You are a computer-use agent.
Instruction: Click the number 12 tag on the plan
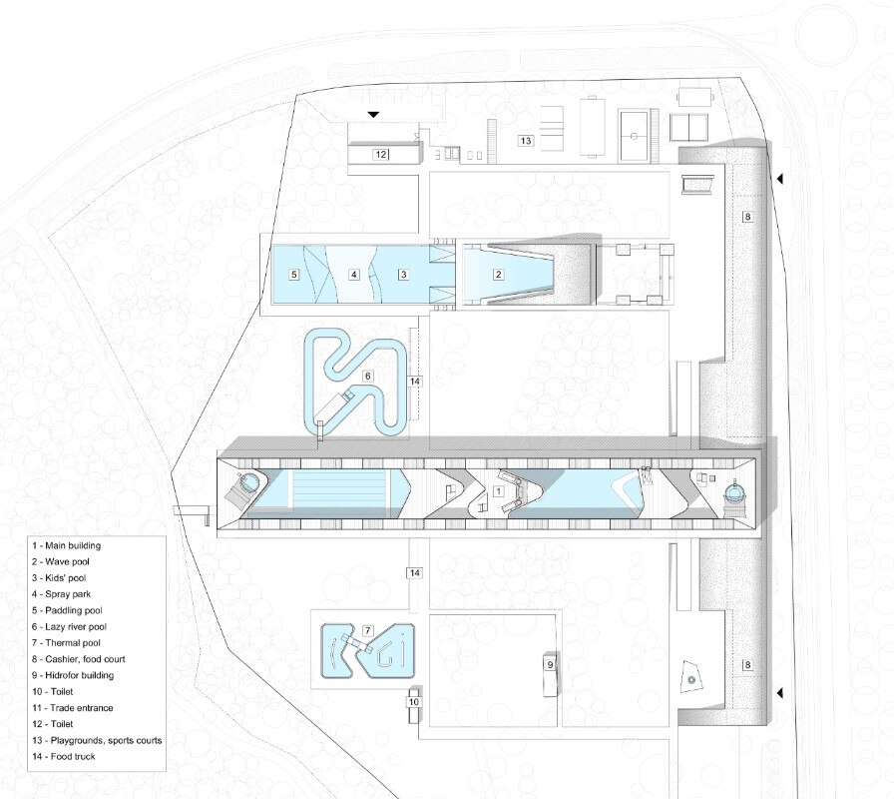point(381,154)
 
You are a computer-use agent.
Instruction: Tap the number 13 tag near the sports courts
point(526,141)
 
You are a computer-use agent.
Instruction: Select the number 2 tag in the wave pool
point(498,275)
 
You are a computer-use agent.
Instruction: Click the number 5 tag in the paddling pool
point(294,275)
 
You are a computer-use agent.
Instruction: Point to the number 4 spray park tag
point(354,275)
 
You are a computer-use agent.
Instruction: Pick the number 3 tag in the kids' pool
point(404,275)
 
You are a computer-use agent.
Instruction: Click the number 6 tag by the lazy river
point(368,376)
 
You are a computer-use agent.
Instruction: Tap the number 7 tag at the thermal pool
point(368,630)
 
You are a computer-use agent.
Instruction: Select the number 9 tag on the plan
point(550,665)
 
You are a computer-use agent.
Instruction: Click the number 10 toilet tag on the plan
point(414,702)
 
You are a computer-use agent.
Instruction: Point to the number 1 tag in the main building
point(498,490)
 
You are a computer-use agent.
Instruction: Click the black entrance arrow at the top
point(373,114)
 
